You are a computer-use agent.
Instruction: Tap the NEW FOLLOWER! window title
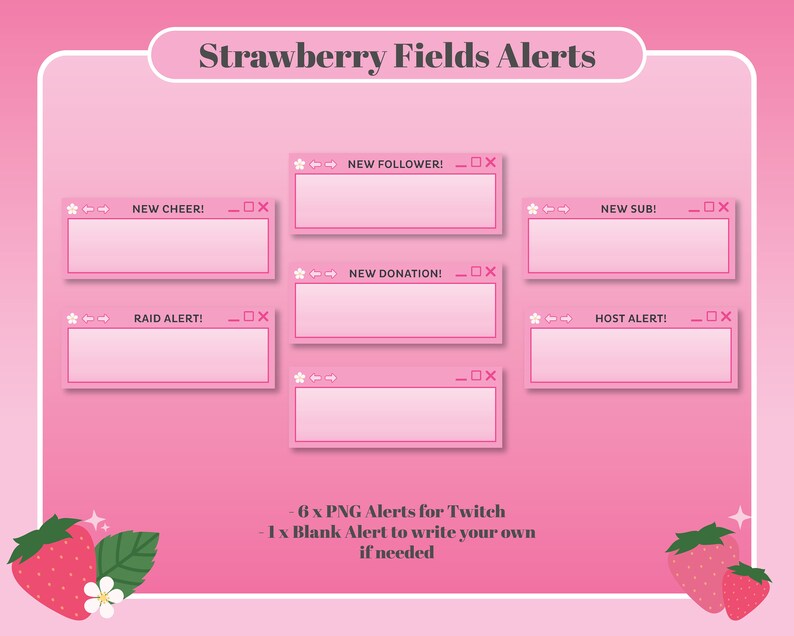click(395, 164)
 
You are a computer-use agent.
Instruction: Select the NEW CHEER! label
click(168, 209)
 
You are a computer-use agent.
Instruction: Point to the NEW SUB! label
click(628, 209)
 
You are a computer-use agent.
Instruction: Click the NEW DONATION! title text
click(395, 273)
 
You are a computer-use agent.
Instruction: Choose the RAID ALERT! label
click(168, 318)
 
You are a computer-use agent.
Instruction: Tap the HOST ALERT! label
click(630, 318)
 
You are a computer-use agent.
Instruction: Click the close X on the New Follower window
click(490, 162)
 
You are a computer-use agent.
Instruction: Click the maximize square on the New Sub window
click(709, 207)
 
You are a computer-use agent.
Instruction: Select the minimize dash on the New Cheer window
click(234, 210)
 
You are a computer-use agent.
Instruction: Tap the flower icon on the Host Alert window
click(535, 318)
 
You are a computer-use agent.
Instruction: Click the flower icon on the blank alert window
click(299, 377)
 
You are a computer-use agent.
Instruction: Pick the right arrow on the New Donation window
click(331, 273)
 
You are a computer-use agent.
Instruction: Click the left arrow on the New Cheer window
click(88, 209)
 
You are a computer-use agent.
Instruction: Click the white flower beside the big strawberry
click(103, 597)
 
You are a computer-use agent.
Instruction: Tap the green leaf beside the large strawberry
click(128, 558)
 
